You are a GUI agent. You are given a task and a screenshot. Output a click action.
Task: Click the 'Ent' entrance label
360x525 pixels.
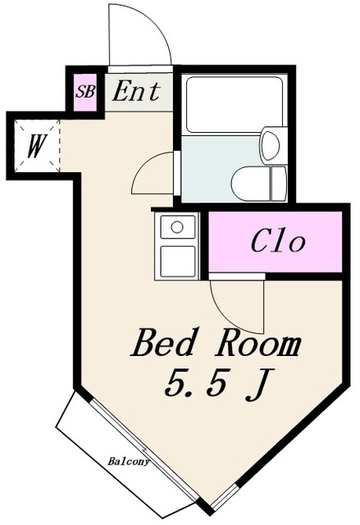point(135,91)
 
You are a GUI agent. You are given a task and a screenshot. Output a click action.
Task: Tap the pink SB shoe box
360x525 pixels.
point(84,92)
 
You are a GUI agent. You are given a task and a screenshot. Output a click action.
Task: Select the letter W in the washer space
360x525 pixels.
point(34,147)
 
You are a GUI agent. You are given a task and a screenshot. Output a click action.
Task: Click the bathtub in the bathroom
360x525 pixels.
point(234,105)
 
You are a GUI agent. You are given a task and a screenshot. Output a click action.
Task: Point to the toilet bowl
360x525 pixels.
point(253,182)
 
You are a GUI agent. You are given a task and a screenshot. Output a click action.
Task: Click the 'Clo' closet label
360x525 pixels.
point(277,242)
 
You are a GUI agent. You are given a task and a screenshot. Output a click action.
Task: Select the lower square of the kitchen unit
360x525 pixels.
point(177,260)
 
